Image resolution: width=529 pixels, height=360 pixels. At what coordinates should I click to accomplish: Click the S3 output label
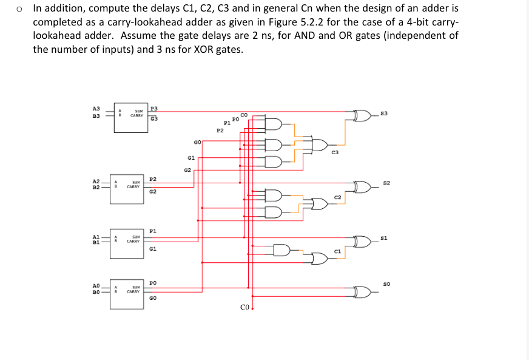(x=385, y=114)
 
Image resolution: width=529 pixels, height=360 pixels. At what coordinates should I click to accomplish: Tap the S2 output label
(x=385, y=183)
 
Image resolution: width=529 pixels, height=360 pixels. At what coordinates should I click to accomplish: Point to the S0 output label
(x=383, y=284)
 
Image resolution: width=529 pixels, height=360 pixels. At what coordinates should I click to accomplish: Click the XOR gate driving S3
(x=363, y=114)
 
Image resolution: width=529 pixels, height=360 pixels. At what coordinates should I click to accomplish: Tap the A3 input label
(x=96, y=108)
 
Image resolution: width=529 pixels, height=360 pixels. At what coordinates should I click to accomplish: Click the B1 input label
(x=96, y=243)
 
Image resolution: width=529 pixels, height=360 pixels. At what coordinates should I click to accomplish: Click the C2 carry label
(x=338, y=198)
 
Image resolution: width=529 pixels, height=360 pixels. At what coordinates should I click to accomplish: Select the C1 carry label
(x=338, y=252)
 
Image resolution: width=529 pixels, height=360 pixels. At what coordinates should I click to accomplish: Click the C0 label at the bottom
(x=244, y=308)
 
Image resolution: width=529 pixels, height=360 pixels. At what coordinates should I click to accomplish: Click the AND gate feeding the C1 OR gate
(x=281, y=250)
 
